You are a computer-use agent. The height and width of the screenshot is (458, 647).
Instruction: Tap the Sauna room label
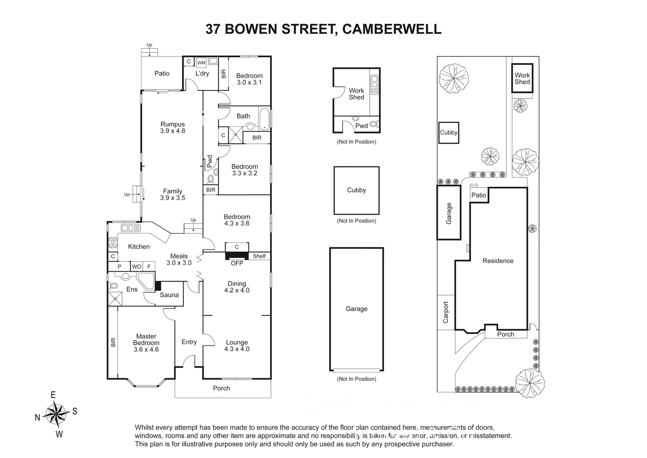point(169,295)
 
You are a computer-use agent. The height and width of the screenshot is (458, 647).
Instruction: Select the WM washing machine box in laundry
point(202,63)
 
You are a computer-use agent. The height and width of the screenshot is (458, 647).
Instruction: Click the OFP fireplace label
point(237,263)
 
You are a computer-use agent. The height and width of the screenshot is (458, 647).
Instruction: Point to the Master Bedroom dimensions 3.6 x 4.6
point(146,349)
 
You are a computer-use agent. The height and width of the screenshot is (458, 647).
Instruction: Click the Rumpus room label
point(172,124)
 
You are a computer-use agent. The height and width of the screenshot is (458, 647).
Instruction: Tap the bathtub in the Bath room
point(264,119)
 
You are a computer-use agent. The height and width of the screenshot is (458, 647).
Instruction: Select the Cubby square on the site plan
point(448,132)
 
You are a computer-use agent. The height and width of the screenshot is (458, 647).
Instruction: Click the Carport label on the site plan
point(445,312)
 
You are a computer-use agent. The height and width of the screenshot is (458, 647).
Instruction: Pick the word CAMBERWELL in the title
point(391,29)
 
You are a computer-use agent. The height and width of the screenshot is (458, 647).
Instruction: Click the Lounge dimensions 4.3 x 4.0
point(237,349)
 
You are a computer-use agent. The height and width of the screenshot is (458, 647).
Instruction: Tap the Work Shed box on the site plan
point(522,78)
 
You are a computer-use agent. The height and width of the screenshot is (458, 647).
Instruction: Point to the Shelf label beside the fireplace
point(259,256)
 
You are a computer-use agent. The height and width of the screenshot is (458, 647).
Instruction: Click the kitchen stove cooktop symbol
point(113,243)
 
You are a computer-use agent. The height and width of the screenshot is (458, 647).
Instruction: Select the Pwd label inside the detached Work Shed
point(361,126)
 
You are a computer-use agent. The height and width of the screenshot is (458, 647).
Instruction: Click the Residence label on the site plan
point(498,261)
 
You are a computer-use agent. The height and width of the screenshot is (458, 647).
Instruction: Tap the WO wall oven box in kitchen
point(136,267)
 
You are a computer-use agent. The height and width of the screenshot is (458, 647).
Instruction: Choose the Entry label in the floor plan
point(189,342)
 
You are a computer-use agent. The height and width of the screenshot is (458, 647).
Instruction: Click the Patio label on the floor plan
point(162,73)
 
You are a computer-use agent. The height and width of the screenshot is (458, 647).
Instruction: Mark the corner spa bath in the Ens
point(146,281)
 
